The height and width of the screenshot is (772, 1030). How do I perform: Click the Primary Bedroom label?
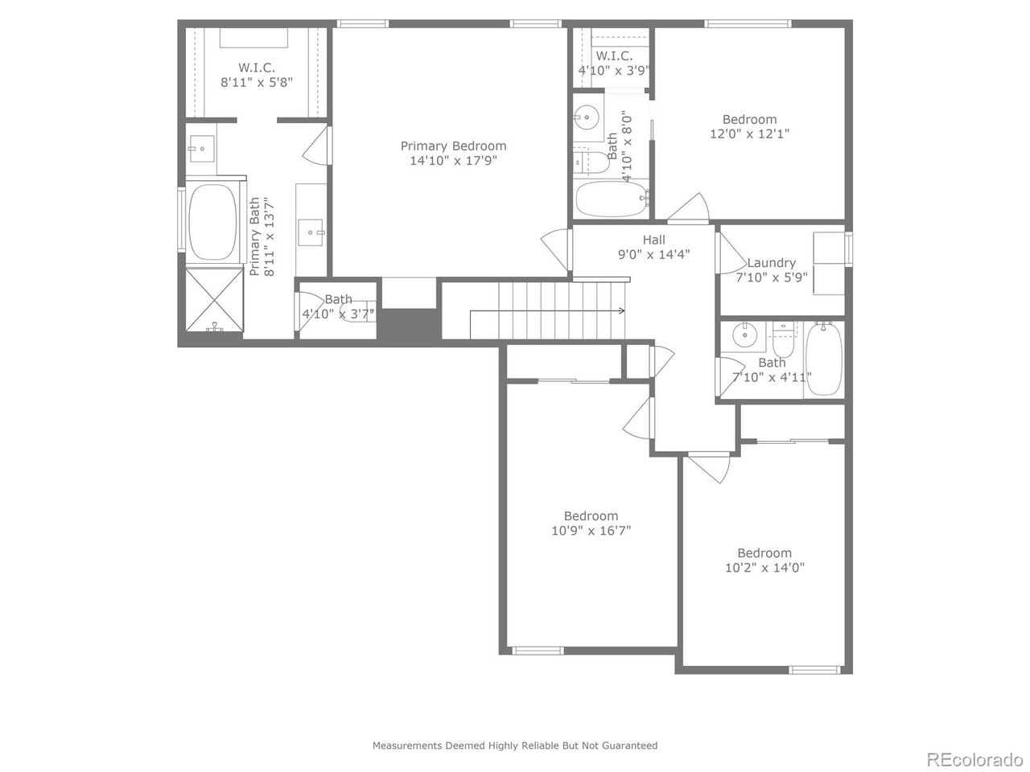(x=453, y=146)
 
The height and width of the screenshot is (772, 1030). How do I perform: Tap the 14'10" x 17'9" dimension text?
(x=453, y=161)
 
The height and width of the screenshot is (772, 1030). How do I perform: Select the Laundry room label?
(x=771, y=262)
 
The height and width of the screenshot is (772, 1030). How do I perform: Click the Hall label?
(x=653, y=239)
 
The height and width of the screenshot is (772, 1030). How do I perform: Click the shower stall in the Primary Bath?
(x=213, y=299)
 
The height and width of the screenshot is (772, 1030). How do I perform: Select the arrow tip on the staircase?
(x=624, y=310)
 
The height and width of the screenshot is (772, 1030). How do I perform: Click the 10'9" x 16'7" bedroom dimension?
(x=591, y=531)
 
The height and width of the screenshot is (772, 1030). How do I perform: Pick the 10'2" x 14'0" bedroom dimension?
(x=764, y=568)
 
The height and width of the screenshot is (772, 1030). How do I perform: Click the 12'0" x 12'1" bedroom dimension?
(x=749, y=134)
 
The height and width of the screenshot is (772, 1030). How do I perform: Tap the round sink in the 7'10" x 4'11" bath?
(x=746, y=335)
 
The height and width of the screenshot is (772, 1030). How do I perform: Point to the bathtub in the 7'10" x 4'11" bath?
(x=823, y=359)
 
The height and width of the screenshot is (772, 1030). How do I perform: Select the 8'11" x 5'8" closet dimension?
(x=257, y=82)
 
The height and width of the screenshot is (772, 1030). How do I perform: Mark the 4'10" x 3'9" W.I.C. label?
(x=613, y=56)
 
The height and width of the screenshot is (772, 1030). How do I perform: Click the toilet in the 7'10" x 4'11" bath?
(x=783, y=342)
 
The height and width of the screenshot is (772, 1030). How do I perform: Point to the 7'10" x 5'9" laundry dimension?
(x=771, y=277)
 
